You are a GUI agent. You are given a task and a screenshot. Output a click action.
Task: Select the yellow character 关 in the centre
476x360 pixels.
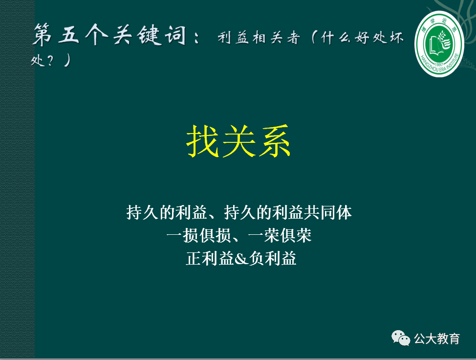click(x=239, y=141)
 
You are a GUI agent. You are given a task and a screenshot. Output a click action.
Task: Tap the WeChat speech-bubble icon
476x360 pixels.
click(x=400, y=337)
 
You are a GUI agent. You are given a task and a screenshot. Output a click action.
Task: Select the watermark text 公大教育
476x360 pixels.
click(x=437, y=338)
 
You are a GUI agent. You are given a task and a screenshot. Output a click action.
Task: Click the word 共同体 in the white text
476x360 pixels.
click(x=336, y=213)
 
